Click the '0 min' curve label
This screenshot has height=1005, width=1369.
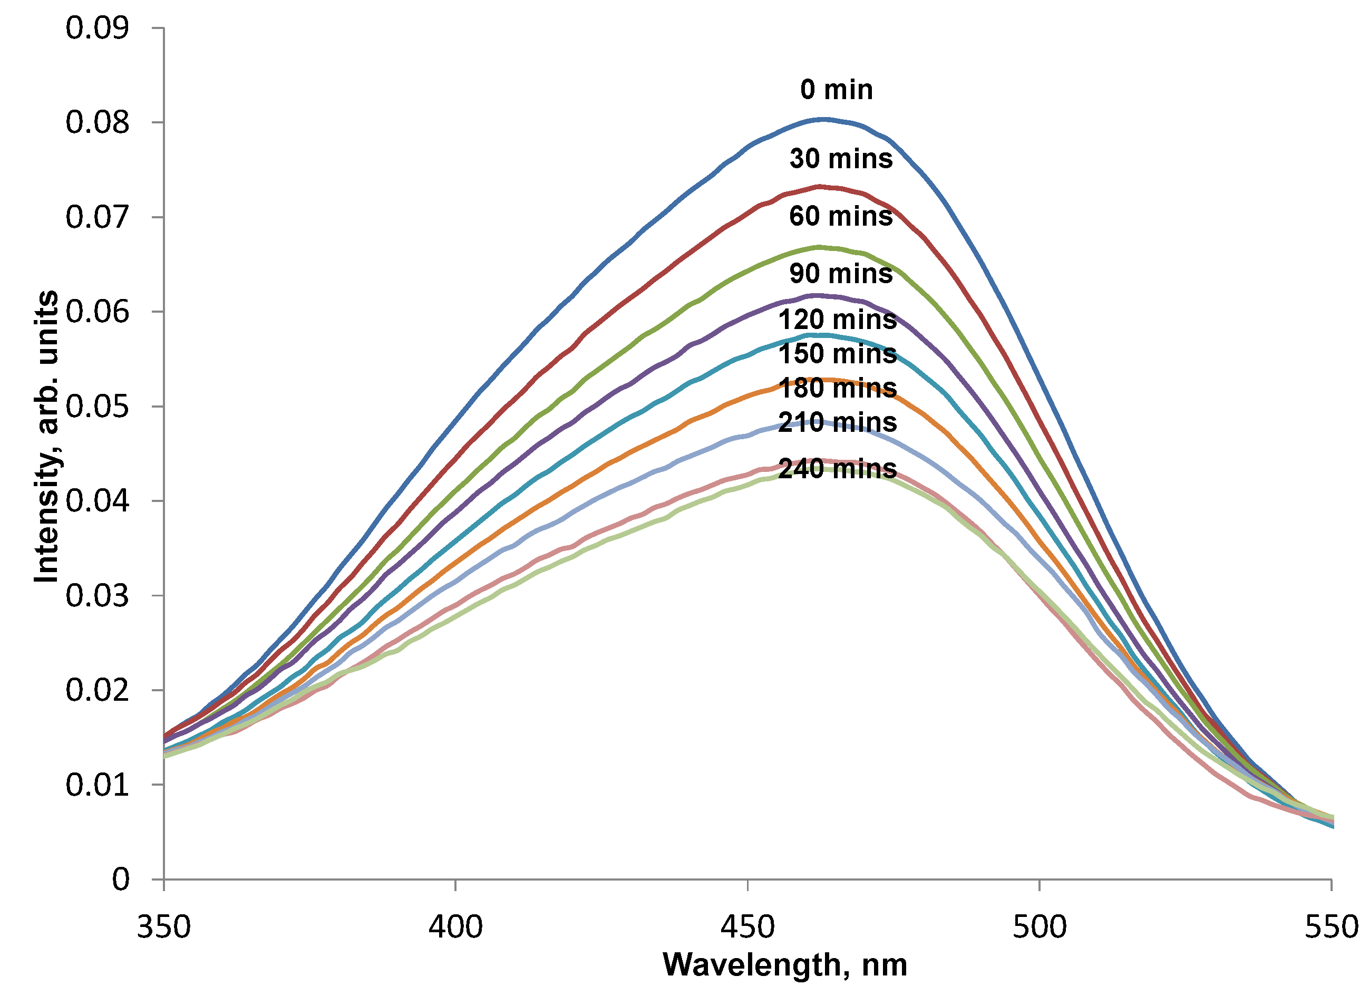click(836, 90)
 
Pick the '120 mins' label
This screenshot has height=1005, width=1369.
click(837, 320)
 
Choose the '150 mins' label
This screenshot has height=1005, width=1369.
click(837, 354)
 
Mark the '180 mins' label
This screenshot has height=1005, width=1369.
click(837, 388)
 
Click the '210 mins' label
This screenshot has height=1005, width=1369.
click(837, 422)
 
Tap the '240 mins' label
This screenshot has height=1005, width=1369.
click(837, 468)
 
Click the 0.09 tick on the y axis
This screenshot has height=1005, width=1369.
click(98, 28)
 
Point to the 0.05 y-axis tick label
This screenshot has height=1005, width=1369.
click(98, 407)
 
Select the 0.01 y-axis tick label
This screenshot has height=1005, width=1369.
click(98, 785)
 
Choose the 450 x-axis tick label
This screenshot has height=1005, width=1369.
click(747, 927)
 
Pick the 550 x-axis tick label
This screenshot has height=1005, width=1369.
click(1331, 927)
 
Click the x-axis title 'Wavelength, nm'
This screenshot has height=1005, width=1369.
click(784, 965)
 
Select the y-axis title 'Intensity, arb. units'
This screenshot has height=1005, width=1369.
click(46, 437)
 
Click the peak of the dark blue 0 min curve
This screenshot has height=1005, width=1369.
click(822, 119)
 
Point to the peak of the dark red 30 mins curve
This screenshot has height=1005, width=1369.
click(819, 187)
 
